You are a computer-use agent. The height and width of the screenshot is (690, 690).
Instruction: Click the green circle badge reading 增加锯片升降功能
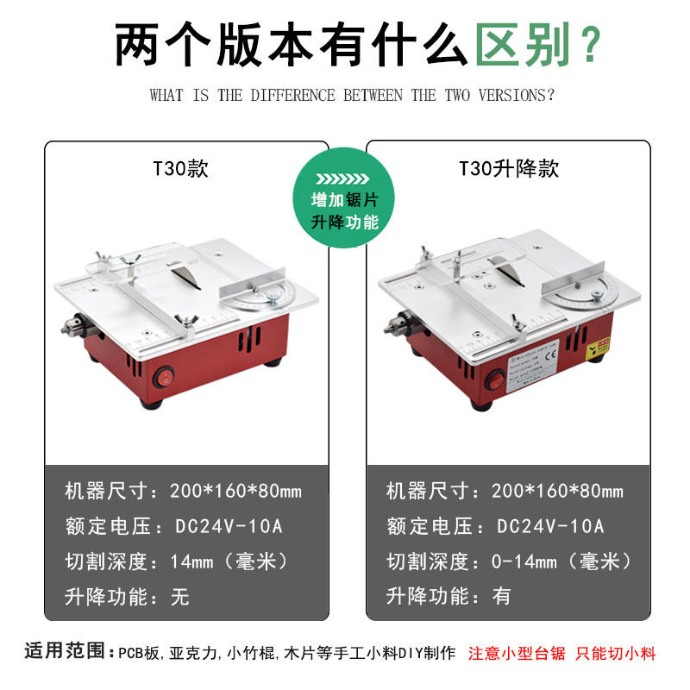click(345, 199)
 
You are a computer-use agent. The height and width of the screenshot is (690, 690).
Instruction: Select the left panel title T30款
click(181, 168)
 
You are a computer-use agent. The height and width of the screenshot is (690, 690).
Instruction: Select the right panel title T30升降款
click(509, 168)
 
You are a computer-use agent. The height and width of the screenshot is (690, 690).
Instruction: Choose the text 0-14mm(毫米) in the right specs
click(555, 561)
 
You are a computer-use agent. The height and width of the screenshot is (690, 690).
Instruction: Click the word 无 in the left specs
click(179, 596)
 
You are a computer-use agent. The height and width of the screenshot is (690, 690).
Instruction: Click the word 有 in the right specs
click(501, 596)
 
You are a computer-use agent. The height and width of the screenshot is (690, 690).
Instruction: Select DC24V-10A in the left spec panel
click(228, 526)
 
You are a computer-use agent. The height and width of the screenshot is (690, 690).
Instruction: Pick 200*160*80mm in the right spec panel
click(557, 492)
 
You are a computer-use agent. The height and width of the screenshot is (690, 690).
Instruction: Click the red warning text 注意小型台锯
click(517, 653)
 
